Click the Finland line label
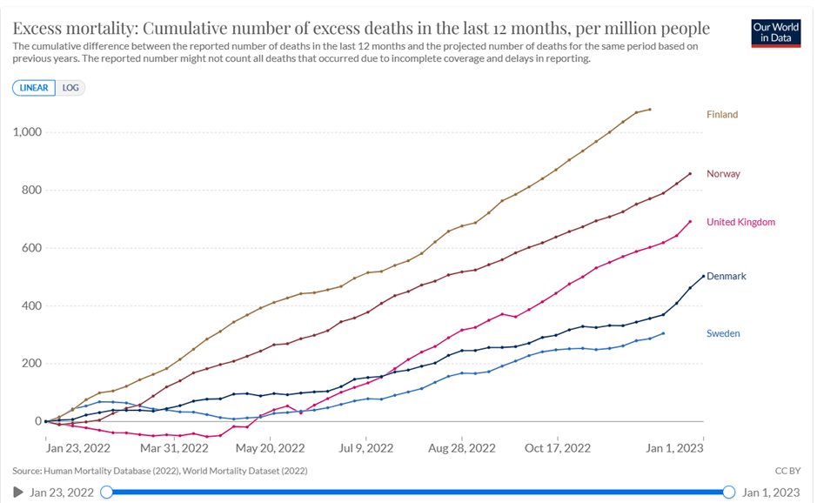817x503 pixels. coord(721,114)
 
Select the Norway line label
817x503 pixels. coord(723,173)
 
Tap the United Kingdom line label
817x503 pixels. coord(740,222)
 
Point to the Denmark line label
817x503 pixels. coord(726,276)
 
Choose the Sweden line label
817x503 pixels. coord(723,333)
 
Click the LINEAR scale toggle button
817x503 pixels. coord(34,88)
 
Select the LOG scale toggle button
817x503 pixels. coord(70,88)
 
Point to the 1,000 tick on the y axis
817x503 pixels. coord(29,132)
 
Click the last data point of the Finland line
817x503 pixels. coord(650,110)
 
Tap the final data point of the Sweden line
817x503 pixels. coord(664,333)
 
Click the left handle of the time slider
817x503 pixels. coord(107,493)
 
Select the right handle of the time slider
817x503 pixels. coord(728,493)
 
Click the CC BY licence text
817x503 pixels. coord(787,471)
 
